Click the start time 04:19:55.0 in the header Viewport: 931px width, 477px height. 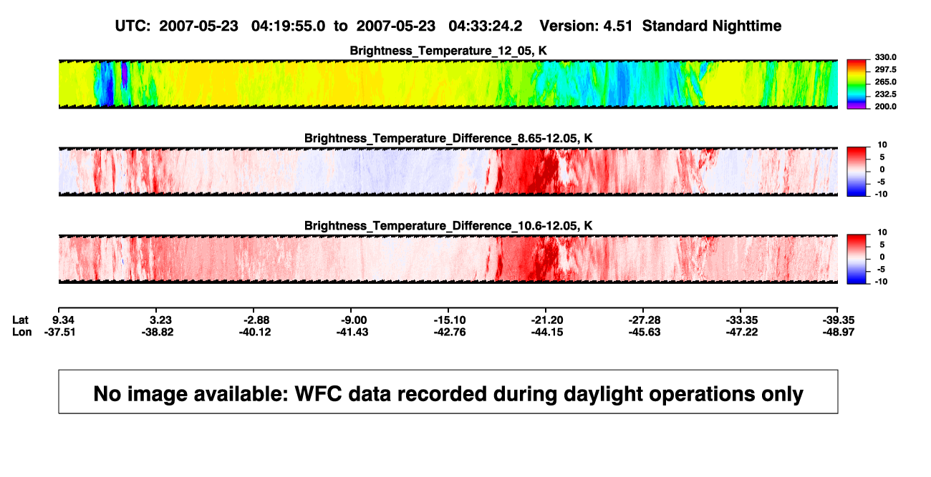click(288, 26)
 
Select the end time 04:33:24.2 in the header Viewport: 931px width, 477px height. click(485, 26)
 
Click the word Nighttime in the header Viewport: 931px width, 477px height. click(746, 26)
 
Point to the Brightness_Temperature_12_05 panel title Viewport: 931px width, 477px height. click(448, 51)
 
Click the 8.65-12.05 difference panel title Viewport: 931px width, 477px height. click(448, 138)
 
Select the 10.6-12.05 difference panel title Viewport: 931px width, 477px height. click(448, 226)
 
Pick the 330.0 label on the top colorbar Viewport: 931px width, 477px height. click(885, 57)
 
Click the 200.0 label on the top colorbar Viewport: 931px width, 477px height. click(885, 107)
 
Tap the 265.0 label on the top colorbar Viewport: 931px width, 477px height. click(885, 82)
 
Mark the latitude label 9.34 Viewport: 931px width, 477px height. click(64, 320)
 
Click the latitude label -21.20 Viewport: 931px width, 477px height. click(547, 320)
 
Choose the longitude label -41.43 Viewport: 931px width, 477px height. click(352, 332)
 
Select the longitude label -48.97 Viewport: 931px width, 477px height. click(839, 332)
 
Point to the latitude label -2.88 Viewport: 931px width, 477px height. click(257, 320)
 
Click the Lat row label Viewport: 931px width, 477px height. click(20, 320)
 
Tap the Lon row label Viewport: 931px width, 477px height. click(21, 332)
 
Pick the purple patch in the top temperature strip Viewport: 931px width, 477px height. click(125, 74)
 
